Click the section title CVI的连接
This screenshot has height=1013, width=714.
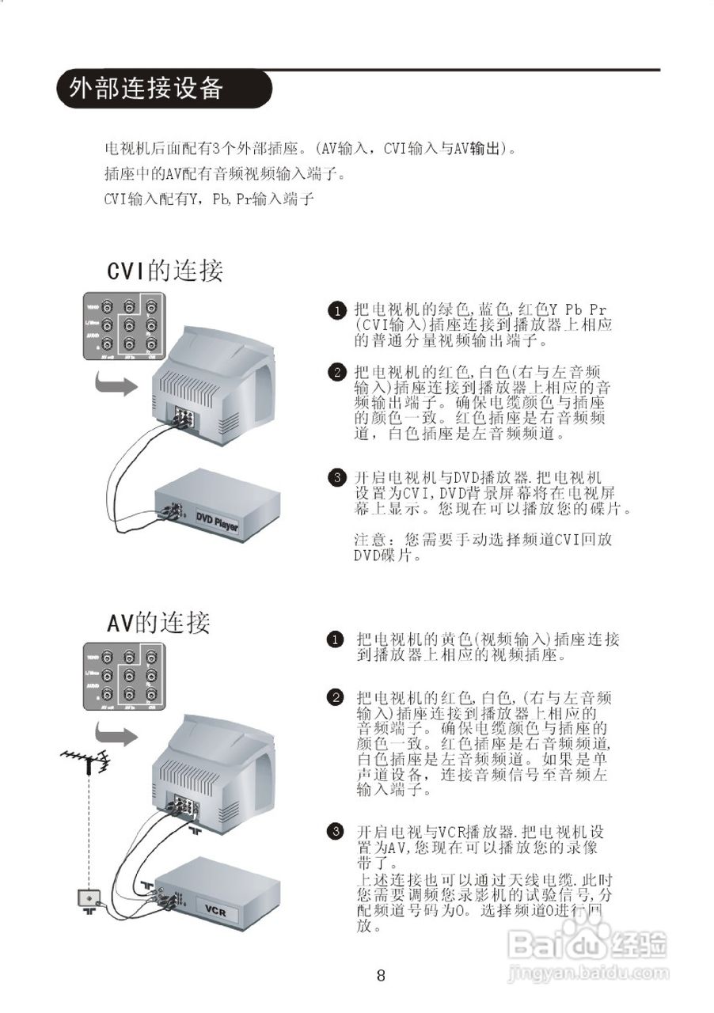tap(165, 271)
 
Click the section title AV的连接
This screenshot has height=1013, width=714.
tap(158, 623)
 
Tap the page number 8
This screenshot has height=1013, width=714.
tap(381, 976)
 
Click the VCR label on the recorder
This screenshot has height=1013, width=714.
tap(215, 910)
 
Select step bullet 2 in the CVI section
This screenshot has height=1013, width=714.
tap(337, 372)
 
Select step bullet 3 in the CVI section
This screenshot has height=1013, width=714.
tap(337, 477)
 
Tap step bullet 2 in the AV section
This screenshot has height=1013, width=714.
tap(336, 697)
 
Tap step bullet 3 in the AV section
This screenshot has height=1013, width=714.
tap(336, 830)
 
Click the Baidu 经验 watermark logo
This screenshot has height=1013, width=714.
tap(587, 943)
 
